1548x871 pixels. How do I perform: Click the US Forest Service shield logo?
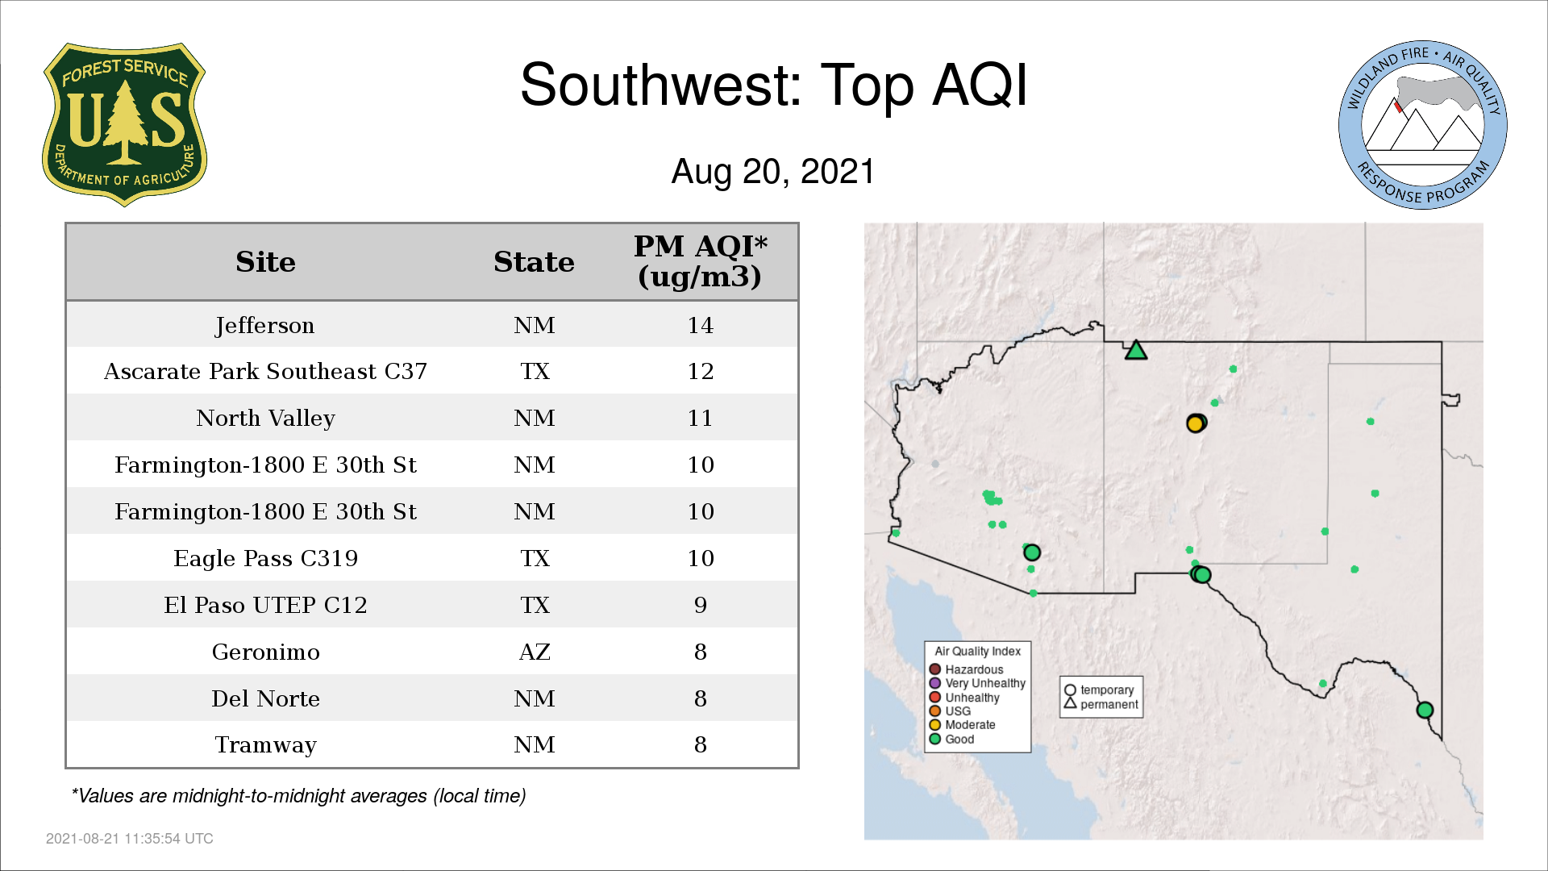point(124,125)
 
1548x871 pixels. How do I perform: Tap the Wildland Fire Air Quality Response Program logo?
point(1423,125)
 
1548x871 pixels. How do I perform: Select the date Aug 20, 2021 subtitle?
point(773,172)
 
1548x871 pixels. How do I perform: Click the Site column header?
point(265,262)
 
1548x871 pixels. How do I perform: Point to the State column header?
point(534,262)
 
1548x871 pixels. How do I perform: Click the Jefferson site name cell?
point(265,325)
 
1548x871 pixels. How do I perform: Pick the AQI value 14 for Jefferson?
point(700,325)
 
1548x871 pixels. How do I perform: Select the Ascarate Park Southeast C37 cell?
point(265,371)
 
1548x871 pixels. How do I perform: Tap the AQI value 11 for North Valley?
point(700,418)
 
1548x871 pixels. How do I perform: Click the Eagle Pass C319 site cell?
point(265,558)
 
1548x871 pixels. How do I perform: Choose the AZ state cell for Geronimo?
point(535,652)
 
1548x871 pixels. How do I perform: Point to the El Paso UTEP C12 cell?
point(265,605)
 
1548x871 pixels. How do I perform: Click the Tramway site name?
point(265,745)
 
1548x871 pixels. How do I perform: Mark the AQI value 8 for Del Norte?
point(700,698)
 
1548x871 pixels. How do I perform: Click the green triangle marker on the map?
point(1136,351)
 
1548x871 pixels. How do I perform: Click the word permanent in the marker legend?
point(1109,705)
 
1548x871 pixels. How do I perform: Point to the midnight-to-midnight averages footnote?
point(298,796)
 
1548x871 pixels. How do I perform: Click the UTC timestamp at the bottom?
point(130,839)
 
